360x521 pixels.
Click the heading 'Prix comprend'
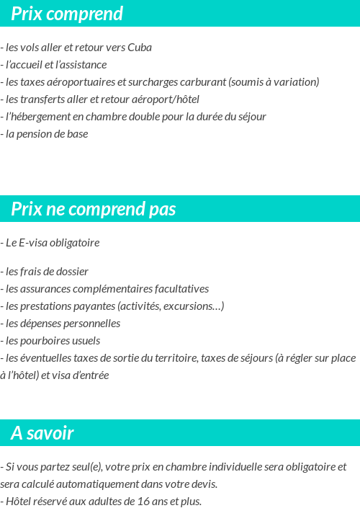pos(67,14)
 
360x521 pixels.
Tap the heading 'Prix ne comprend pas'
pos(94,209)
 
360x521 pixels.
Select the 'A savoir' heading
pos(42,433)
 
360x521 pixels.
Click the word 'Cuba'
pos(139,48)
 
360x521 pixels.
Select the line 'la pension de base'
pos(46,134)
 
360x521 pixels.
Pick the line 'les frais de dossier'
pos(46,272)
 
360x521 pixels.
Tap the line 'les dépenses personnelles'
pos(62,324)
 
